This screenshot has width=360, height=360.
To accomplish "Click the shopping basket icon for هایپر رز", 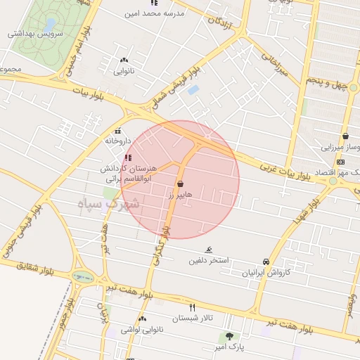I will (x=181, y=184).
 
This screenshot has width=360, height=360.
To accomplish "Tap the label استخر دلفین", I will (x=209, y=261).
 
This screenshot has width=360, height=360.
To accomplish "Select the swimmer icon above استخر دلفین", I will (x=209, y=250).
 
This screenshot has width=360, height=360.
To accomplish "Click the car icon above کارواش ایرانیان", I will (x=266, y=261).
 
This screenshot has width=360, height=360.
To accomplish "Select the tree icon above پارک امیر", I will (x=229, y=336).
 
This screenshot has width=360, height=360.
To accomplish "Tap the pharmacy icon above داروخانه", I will (x=117, y=130).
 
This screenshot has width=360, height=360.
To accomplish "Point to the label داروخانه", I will (x=117, y=141).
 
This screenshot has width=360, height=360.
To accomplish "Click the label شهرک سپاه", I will (x=110, y=205).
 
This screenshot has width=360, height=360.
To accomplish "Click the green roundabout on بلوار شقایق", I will (x=83, y=277).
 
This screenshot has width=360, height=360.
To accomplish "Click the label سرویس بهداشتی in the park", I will (x=34, y=33).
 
